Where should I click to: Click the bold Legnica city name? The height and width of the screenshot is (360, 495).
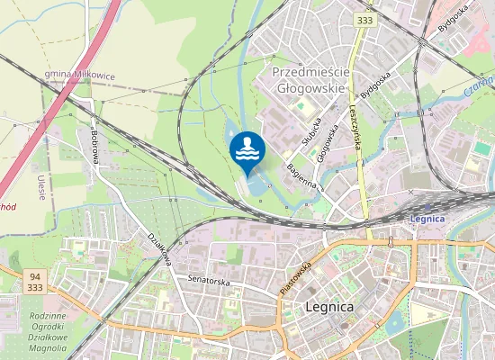pyautogui.click(x=329, y=307)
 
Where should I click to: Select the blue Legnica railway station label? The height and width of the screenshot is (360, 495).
pyautogui.click(x=427, y=219)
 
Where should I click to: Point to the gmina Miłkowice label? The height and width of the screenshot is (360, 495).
pyautogui.click(x=79, y=76)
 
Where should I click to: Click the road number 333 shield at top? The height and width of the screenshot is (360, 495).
pyautogui.click(x=364, y=19)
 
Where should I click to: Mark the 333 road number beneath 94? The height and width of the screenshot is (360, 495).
pyautogui.click(x=34, y=287)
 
